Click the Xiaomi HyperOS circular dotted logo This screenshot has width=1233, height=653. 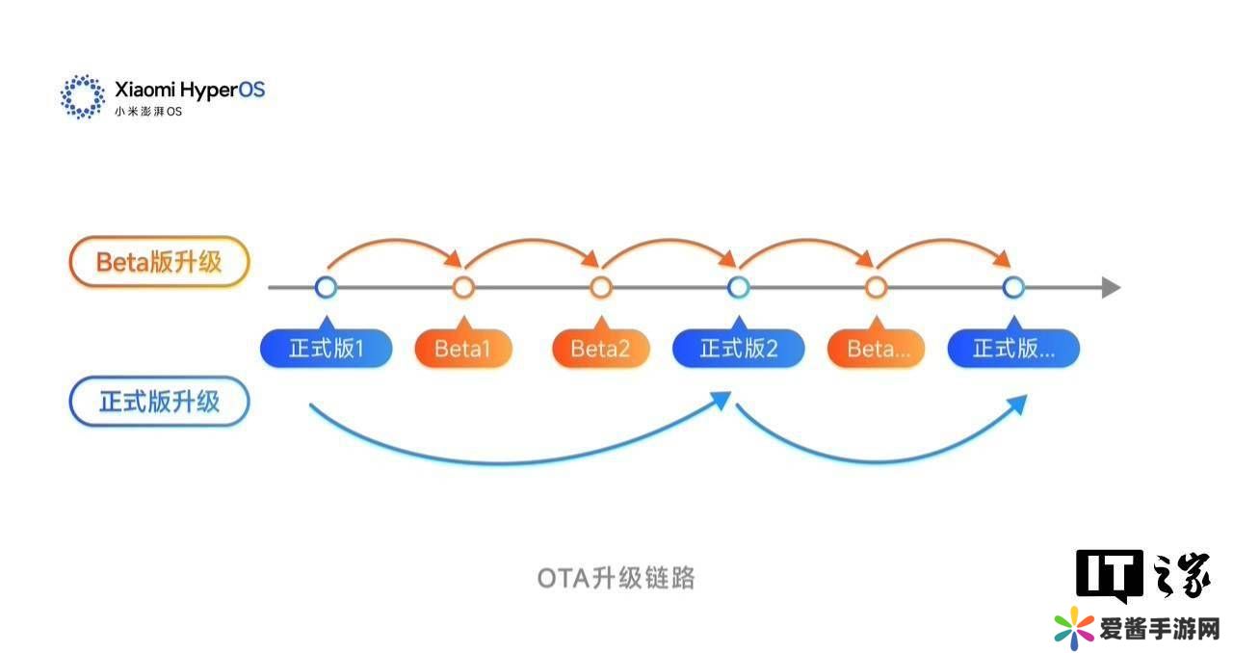83,95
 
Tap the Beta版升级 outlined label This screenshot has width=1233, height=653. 159,262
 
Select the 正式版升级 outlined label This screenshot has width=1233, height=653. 159,402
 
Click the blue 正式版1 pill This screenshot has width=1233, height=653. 326,349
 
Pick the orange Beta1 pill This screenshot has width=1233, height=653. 462,349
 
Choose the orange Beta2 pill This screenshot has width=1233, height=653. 600,349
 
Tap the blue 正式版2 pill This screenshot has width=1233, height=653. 738,349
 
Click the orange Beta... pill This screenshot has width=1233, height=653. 876,349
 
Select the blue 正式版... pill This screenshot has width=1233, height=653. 1013,349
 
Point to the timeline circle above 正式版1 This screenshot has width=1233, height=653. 326,287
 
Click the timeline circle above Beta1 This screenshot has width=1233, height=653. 463,287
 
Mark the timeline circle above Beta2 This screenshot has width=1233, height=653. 601,287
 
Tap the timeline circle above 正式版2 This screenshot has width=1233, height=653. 739,287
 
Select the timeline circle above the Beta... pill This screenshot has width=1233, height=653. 876,287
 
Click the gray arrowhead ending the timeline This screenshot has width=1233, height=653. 1111,287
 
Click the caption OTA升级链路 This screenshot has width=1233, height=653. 616,578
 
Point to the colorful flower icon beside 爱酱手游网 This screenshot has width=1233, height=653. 1074,628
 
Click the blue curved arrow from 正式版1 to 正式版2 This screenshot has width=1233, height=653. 520,458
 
